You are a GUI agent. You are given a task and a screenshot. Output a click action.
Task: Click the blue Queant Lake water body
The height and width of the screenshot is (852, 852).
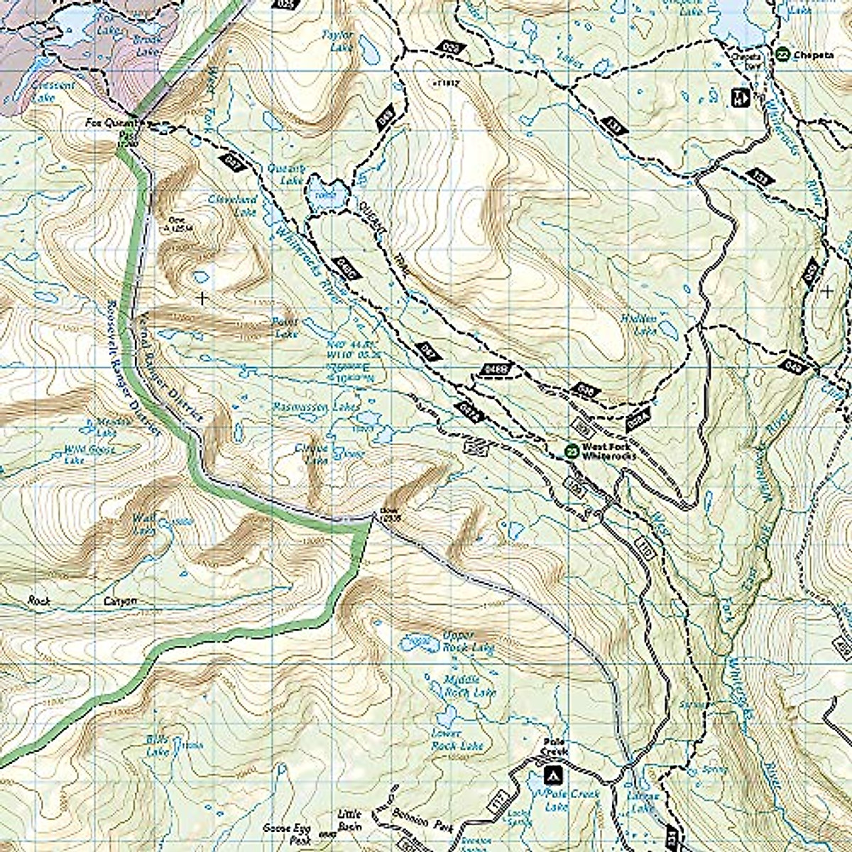[x=327, y=194]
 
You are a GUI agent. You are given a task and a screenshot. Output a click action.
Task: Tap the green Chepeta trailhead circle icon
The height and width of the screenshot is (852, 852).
[x=782, y=53]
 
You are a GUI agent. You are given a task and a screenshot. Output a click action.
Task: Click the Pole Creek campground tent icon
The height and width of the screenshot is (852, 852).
[x=552, y=775]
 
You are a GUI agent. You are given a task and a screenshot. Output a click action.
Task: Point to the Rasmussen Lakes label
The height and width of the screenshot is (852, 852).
[x=316, y=408]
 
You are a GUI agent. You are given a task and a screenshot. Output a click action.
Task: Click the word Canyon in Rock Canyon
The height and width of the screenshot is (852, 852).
[x=119, y=601]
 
